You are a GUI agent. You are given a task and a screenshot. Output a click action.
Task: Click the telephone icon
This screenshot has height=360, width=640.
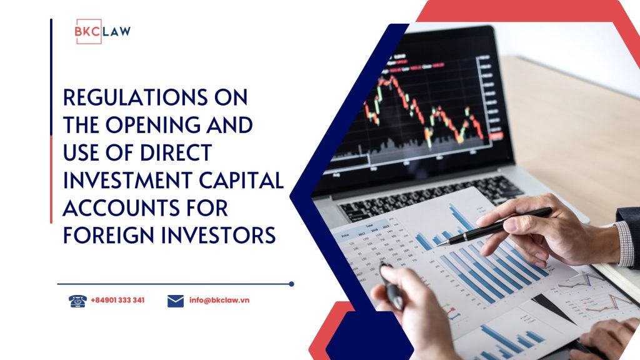click(x=77, y=301)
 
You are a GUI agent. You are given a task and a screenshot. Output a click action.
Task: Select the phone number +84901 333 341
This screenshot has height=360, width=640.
click(x=117, y=301)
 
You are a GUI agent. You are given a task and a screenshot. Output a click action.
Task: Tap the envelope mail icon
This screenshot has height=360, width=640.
click(x=176, y=301)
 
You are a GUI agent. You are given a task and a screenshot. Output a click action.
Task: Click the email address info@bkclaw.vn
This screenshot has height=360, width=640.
click(x=219, y=301)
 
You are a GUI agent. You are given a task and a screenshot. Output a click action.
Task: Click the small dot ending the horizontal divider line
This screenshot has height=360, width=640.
click(x=291, y=284)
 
